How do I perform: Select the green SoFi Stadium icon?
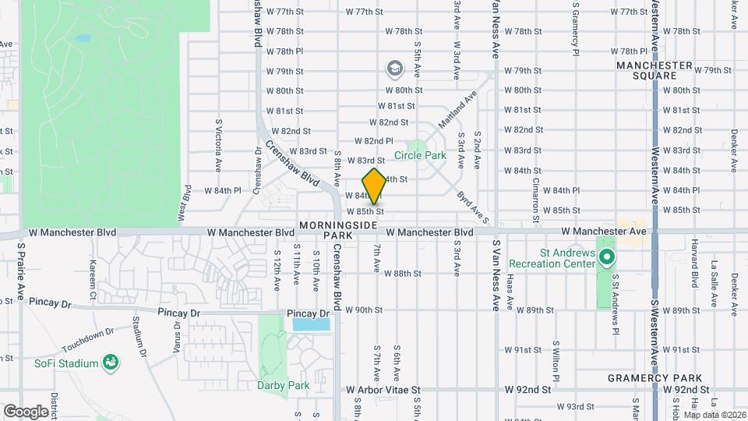coord(112,362)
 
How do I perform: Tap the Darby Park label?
coord(284,385)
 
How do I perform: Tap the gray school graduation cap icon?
coord(395,69)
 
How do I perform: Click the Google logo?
coord(26,411)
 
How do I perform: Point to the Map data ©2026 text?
coord(714,414)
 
